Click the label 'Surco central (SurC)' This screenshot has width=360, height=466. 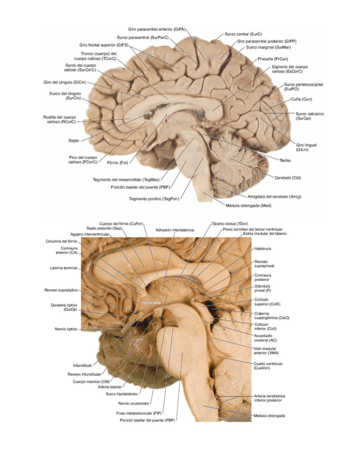pyautogui.click(x=243, y=34)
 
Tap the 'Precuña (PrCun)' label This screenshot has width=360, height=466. pyautogui.click(x=273, y=59)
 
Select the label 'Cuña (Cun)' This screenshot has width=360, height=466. pyautogui.click(x=301, y=99)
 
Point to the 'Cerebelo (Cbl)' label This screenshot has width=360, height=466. pyautogui.click(x=288, y=178)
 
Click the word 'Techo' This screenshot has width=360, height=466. pyautogui.click(x=285, y=160)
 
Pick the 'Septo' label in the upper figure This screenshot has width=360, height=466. pyautogui.click(x=74, y=141)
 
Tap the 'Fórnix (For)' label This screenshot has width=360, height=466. pyautogui.click(x=118, y=163)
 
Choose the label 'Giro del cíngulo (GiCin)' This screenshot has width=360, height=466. pyautogui.click(x=65, y=82)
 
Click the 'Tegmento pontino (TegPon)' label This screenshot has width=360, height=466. pyautogui.click(x=154, y=199)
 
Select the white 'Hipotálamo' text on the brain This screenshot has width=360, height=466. pyautogui.click(x=151, y=303)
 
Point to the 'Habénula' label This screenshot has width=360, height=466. pyautogui.click(x=263, y=248)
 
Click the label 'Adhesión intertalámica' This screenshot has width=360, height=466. pyautogui.click(x=175, y=230)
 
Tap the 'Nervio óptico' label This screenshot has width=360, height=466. pyautogui.click(x=66, y=329)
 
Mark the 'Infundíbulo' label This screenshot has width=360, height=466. pyautogui.click(x=82, y=365)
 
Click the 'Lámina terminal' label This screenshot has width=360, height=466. pyautogui.click(x=64, y=268)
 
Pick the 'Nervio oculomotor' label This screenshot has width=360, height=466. pyautogui.click(x=134, y=403)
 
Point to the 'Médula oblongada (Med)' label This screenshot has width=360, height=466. pyautogui.click(x=249, y=206)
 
